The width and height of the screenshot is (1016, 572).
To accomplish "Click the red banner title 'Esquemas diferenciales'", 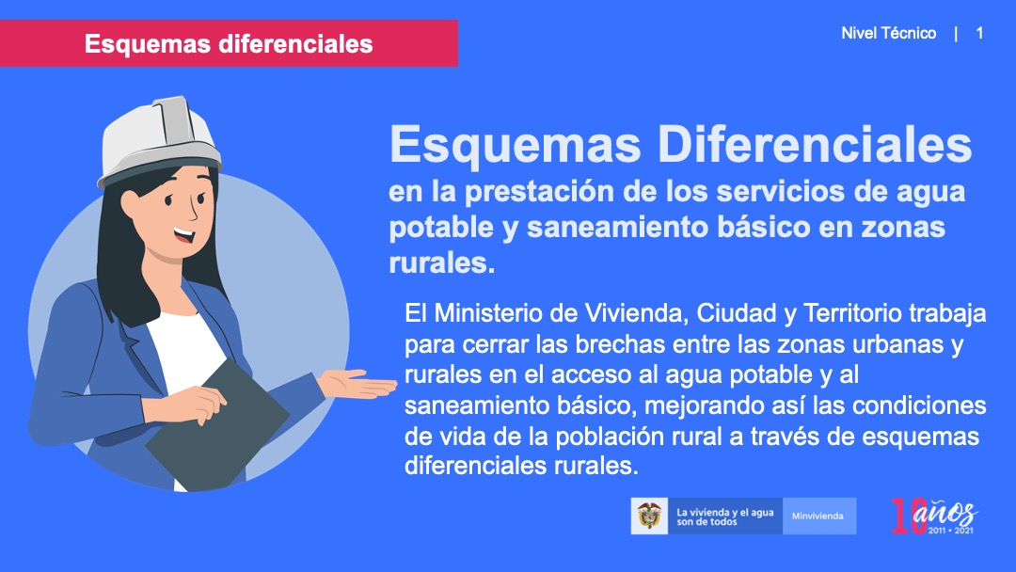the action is point(229,44).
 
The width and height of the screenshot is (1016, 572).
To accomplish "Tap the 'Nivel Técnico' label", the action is point(888,33).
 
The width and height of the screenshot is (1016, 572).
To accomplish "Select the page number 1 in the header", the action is point(979,33).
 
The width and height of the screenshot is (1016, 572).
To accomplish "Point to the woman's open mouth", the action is point(183,234).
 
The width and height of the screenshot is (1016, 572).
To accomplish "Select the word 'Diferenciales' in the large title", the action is point(815,144).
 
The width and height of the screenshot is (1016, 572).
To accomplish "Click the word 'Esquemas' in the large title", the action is point(516,145).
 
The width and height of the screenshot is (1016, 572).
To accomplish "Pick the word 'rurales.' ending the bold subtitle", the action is point(442,262).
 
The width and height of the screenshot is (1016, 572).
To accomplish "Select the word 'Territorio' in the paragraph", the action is point(852,313).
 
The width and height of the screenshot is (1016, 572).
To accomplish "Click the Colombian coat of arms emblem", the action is point(649,516).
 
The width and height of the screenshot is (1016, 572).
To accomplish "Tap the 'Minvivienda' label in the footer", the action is point(818,516).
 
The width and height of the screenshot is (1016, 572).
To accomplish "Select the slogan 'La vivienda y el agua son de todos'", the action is point(725,516).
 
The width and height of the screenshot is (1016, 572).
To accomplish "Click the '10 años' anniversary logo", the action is point(934,516).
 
